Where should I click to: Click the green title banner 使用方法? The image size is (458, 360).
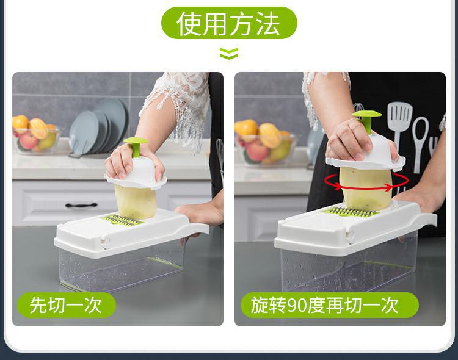(x=229, y=23)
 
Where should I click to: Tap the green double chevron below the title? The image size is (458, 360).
(x=229, y=54)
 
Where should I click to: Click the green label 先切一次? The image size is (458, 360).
(x=67, y=304)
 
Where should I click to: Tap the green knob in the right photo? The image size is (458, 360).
(x=366, y=119)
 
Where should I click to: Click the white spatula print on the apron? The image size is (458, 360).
(x=399, y=125)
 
